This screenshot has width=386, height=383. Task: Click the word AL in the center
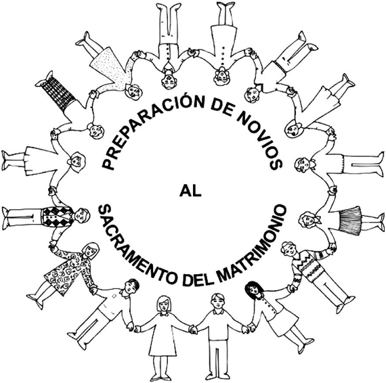point(190,191)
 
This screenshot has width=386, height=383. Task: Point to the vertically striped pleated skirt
point(350,221)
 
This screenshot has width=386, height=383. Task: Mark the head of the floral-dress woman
point(91,250)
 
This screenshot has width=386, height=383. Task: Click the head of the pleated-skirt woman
point(307,220)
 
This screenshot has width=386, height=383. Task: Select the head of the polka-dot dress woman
point(133,92)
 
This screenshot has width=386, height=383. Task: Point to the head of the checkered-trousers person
point(95,131)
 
